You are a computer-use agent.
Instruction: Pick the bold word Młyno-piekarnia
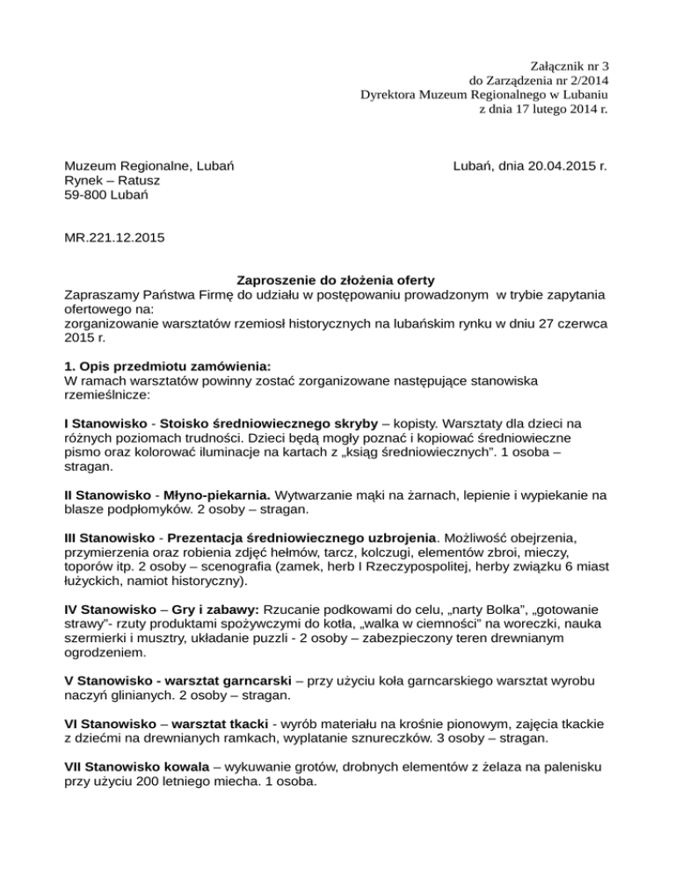(215, 494)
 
